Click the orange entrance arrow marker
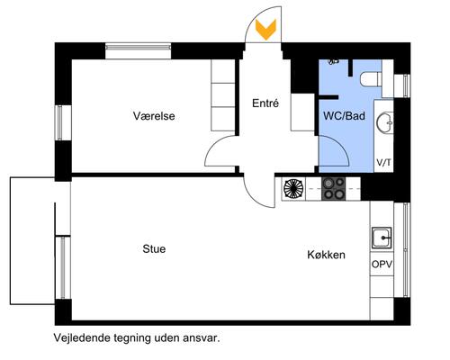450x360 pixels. [265, 30]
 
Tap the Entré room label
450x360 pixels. [265, 103]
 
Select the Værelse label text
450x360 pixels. [153, 116]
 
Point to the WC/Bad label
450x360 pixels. [343, 116]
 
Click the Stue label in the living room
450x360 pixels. [153, 248]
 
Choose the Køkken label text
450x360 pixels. [325, 256]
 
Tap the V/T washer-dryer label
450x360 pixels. [383, 163]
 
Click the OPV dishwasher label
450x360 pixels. [382, 265]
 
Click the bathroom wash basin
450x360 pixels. [384, 122]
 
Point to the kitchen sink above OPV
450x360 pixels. [382, 238]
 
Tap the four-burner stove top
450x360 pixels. [334, 188]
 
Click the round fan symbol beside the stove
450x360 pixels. [293, 188]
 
